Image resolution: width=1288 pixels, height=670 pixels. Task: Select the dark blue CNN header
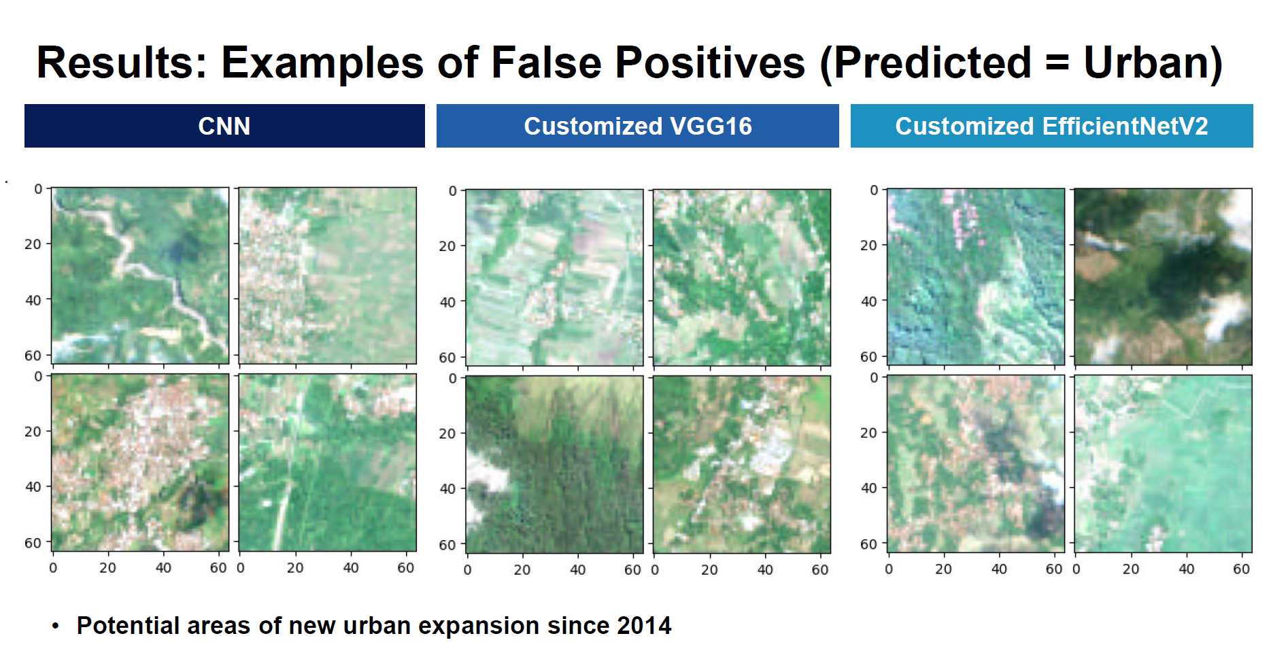(224, 126)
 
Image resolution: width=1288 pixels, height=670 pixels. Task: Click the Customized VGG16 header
(637, 126)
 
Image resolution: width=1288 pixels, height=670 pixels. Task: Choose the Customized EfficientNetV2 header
(1051, 126)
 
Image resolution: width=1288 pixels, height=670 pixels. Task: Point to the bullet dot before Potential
(56, 626)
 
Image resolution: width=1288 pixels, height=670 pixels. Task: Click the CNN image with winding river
(140, 275)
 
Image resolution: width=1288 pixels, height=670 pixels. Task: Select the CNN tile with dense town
(140, 463)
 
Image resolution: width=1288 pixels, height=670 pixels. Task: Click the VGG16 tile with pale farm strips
(554, 278)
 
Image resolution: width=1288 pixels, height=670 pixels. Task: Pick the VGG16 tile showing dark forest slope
(554, 465)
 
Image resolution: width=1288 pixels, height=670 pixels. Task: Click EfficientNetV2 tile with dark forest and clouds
(1163, 277)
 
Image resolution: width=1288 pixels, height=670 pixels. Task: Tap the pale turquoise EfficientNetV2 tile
(1163, 464)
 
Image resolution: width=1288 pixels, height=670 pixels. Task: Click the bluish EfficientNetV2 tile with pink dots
(976, 277)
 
